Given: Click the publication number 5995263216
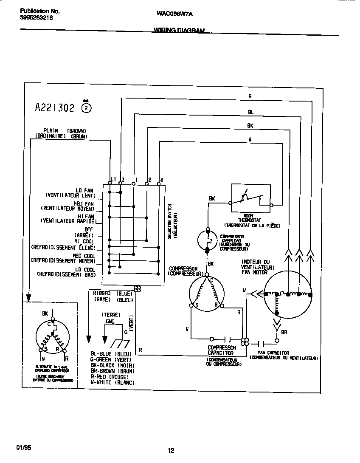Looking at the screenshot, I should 36,18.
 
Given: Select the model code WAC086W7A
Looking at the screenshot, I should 174,13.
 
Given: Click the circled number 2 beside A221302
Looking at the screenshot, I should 86,108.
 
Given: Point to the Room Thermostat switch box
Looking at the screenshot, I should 250,198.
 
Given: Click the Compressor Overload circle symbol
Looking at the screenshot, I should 208,240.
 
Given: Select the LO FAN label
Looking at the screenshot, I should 85,190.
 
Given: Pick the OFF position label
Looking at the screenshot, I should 88,229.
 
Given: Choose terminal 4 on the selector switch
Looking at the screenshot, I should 161,179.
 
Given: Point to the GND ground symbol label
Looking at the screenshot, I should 110,322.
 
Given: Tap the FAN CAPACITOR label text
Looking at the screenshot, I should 273,353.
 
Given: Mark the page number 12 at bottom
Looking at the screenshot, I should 171,451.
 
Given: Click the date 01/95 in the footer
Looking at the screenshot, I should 24,448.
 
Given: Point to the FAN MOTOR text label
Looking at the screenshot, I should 254,272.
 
